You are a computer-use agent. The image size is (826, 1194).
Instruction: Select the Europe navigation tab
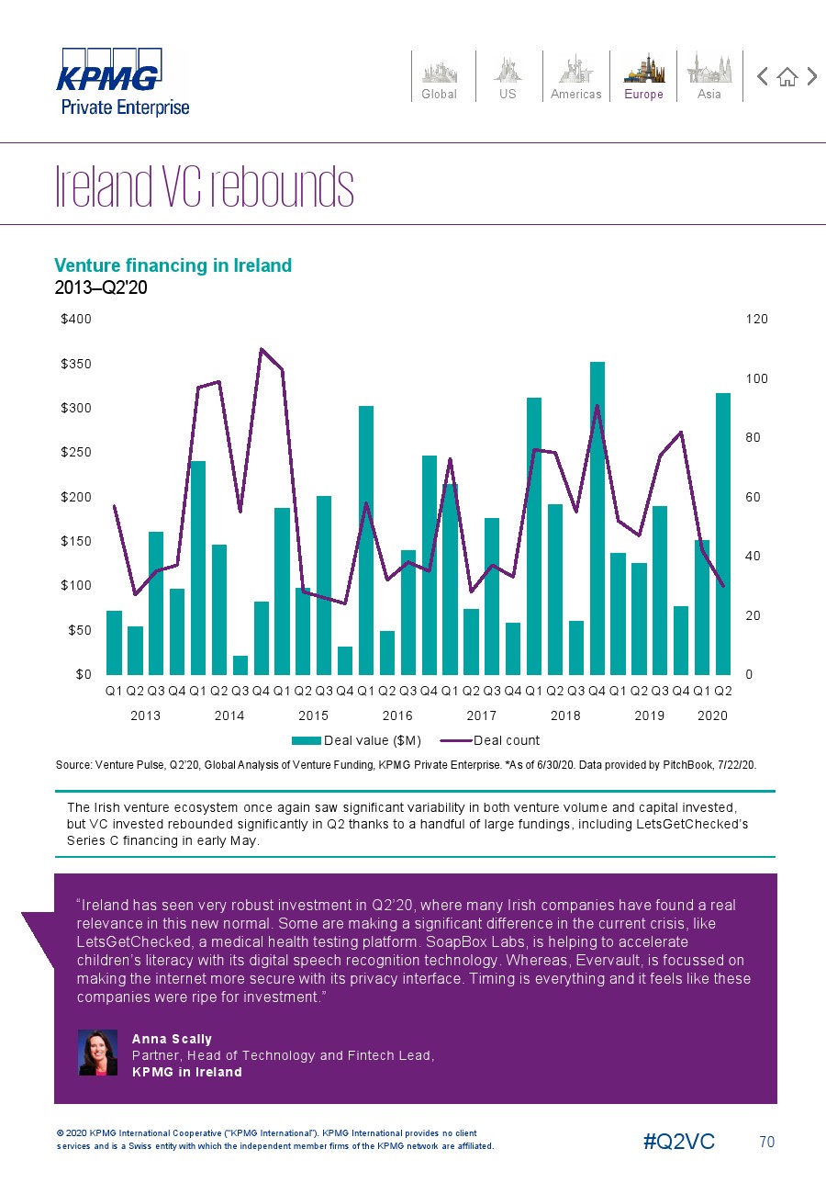pyautogui.click(x=643, y=76)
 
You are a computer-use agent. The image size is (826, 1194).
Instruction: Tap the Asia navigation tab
pyautogui.click(x=709, y=76)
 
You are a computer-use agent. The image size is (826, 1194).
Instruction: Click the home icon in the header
pyautogui.click(x=787, y=77)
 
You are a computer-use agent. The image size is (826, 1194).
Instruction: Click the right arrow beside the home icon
pyautogui.click(x=811, y=77)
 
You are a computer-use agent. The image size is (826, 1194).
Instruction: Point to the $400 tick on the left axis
pyautogui.click(x=75, y=319)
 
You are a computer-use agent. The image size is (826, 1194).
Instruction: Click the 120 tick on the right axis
pyautogui.click(x=756, y=319)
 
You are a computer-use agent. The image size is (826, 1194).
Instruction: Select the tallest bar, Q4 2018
pyautogui.click(x=597, y=517)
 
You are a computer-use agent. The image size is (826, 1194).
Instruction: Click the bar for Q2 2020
pyautogui.click(x=723, y=533)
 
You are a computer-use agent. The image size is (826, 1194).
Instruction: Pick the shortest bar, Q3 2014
pyautogui.click(x=240, y=665)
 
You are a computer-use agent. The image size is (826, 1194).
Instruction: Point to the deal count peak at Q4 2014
pyautogui.click(x=262, y=349)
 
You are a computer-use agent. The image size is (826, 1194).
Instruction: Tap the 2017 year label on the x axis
pyautogui.click(x=481, y=715)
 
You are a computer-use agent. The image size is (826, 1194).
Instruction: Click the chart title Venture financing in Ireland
pyautogui.click(x=173, y=265)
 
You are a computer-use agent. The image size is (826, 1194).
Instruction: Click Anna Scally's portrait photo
pyautogui.click(x=98, y=1053)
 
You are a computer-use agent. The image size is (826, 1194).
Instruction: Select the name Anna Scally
pyautogui.click(x=172, y=1039)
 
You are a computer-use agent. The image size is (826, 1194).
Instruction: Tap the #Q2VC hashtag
pyautogui.click(x=679, y=1142)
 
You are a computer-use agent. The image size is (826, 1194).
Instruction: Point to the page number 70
pyautogui.click(x=767, y=1142)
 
